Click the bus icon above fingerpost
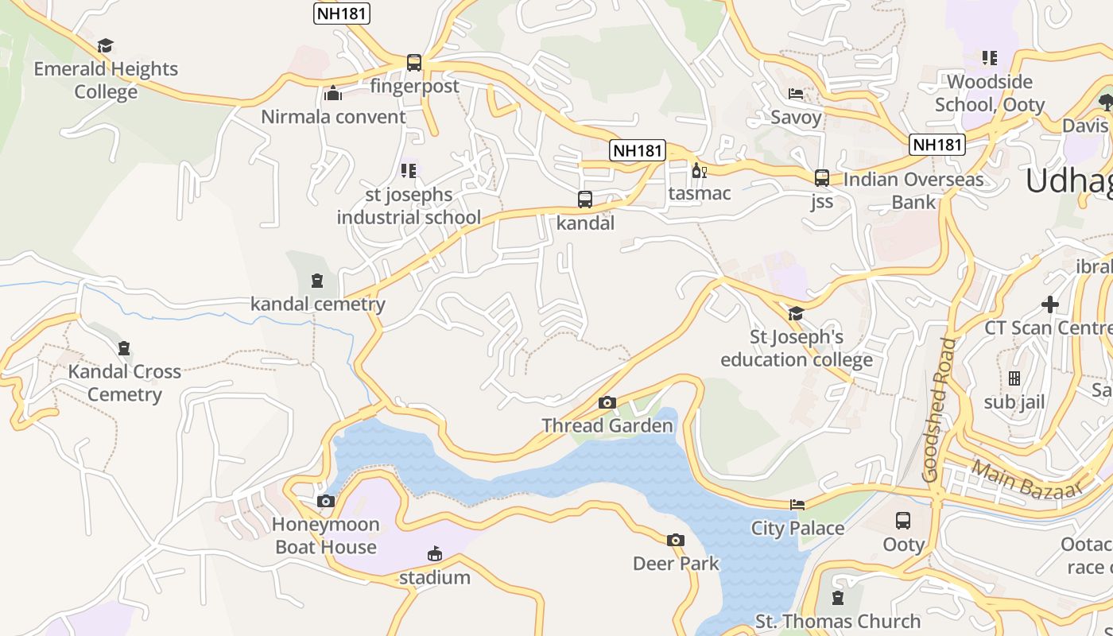(413, 63)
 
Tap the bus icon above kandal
(585, 200)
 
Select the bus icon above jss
(822, 178)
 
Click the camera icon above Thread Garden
(607, 403)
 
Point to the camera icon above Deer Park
(676, 541)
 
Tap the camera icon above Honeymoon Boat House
(326, 502)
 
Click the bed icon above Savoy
(796, 94)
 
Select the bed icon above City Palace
(797, 505)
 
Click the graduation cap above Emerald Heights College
(106, 45)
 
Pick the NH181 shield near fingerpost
(342, 14)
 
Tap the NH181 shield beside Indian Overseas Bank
(937, 145)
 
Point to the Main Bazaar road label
(1026, 479)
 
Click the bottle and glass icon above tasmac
(700, 170)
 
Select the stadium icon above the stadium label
(434, 554)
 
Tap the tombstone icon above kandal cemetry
(317, 281)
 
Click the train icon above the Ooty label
(903, 521)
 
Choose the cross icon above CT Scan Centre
(1050, 304)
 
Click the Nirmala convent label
(334, 117)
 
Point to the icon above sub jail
(1014, 378)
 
